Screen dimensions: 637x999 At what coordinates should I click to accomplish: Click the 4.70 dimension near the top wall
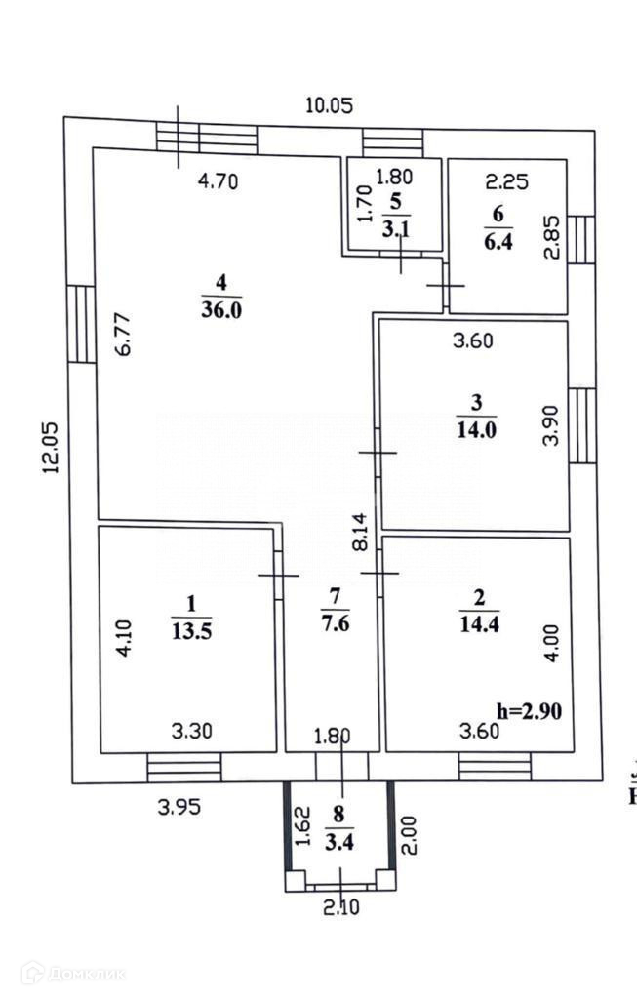219,180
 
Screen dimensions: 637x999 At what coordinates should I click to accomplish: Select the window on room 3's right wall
581,425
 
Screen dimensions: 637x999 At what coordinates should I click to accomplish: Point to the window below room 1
183,767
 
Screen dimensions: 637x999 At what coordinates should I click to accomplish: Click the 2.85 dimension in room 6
552,236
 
